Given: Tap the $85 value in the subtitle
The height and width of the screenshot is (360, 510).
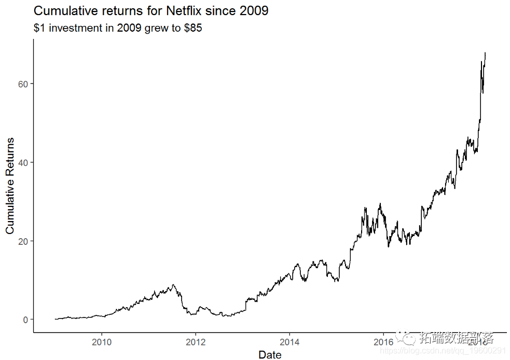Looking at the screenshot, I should click(x=193, y=29).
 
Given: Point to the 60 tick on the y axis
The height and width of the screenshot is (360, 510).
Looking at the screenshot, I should click(x=23, y=84).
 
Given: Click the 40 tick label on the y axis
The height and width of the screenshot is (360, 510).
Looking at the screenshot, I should click(x=23, y=162).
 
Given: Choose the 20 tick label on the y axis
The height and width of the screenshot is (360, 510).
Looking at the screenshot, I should click(x=23, y=241).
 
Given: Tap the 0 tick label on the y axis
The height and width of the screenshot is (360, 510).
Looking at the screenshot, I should click(x=25, y=320).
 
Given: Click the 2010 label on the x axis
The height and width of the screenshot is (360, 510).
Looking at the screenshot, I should click(x=102, y=342).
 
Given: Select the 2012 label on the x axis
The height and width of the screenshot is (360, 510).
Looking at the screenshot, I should click(x=196, y=342).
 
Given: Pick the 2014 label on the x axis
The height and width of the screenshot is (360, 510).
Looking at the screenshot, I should click(x=290, y=342).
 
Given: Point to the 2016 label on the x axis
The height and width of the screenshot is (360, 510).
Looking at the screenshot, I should click(x=383, y=342).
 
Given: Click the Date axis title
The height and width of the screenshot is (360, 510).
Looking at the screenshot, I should click(x=270, y=355).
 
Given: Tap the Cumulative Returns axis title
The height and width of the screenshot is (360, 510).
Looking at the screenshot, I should click(x=10, y=186).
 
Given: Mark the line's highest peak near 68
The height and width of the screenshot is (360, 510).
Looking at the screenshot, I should click(x=485, y=52).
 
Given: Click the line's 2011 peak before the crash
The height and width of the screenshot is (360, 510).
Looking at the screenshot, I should click(x=173, y=285).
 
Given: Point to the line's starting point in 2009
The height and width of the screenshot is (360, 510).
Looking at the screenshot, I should click(x=55, y=319).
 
